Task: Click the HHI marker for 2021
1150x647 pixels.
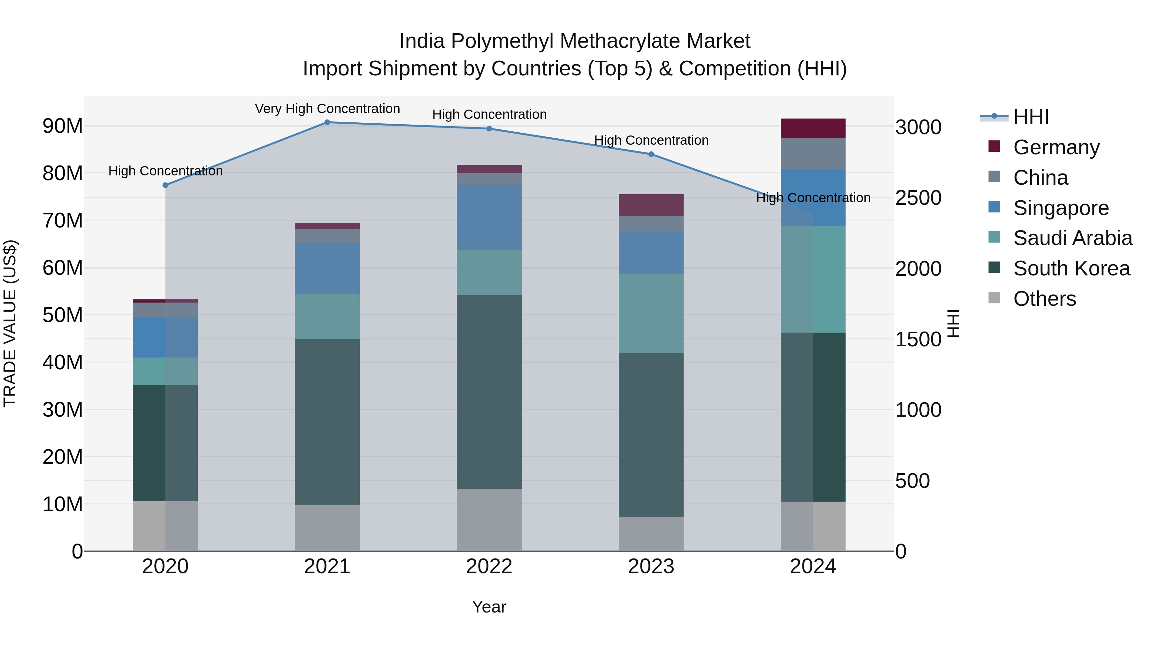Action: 327,122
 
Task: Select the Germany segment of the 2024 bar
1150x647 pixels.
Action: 813,128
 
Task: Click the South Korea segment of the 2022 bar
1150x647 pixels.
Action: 489,392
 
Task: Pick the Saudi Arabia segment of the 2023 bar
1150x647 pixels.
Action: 651,313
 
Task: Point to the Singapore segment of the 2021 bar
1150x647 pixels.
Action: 327,268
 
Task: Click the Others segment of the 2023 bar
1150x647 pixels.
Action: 651,534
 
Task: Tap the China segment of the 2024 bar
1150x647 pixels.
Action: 813,154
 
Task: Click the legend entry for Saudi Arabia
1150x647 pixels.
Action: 1072,238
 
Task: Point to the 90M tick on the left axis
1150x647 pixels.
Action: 63,126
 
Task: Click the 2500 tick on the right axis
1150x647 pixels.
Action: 918,198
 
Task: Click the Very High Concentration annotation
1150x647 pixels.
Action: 327,109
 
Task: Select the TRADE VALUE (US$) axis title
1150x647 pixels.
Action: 10,323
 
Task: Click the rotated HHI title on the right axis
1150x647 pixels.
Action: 954,323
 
